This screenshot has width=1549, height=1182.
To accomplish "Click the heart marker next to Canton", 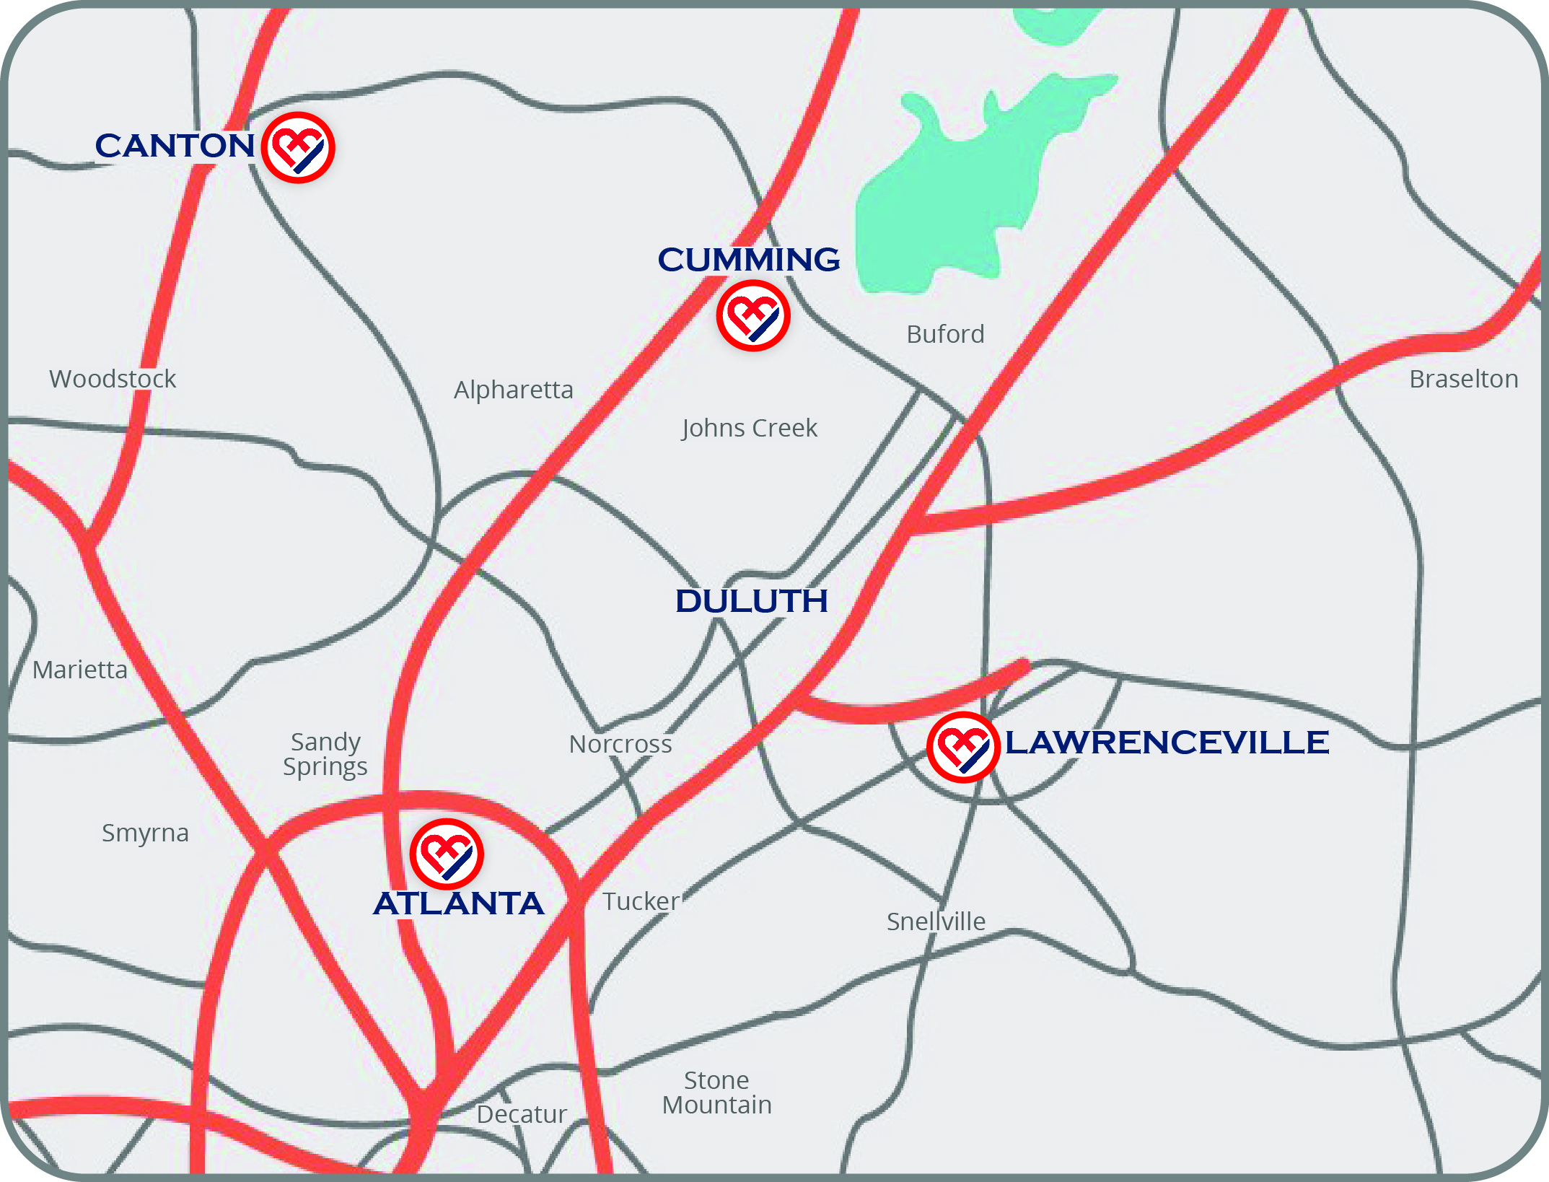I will pyautogui.click(x=298, y=148).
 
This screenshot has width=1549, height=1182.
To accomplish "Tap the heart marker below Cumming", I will pyautogui.click(x=753, y=316).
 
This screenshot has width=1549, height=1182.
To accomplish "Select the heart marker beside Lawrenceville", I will pyautogui.click(x=963, y=747).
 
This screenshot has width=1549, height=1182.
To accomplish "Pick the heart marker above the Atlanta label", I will pyautogui.click(x=447, y=854).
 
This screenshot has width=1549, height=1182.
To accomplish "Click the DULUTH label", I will pyautogui.click(x=751, y=601).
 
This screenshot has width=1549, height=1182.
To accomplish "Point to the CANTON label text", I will pyautogui.click(x=175, y=146).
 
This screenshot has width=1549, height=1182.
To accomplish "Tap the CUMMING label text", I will pyautogui.click(x=749, y=260).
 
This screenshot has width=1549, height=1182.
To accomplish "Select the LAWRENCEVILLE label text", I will pyautogui.click(x=1167, y=743).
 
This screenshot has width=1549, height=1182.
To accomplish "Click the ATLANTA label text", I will pyautogui.click(x=459, y=903).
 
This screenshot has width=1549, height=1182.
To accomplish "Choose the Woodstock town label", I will pyautogui.click(x=113, y=379).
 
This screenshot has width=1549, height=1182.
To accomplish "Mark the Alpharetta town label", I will pyautogui.click(x=514, y=390).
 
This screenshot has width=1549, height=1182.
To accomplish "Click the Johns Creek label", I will pyautogui.click(x=750, y=428).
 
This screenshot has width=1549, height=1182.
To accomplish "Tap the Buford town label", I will pyautogui.click(x=945, y=334).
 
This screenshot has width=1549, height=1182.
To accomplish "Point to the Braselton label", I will pyautogui.click(x=1464, y=379).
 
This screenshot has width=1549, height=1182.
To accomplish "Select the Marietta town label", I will pyautogui.click(x=80, y=670).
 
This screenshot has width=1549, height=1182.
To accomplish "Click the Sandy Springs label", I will pyautogui.click(x=325, y=754).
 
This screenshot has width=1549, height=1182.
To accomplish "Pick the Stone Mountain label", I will pyautogui.click(x=717, y=1093).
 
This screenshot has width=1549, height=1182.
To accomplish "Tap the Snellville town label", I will pyautogui.click(x=936, y=921).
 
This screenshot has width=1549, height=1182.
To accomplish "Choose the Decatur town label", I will pyautogui.click(x=522, y=1114).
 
